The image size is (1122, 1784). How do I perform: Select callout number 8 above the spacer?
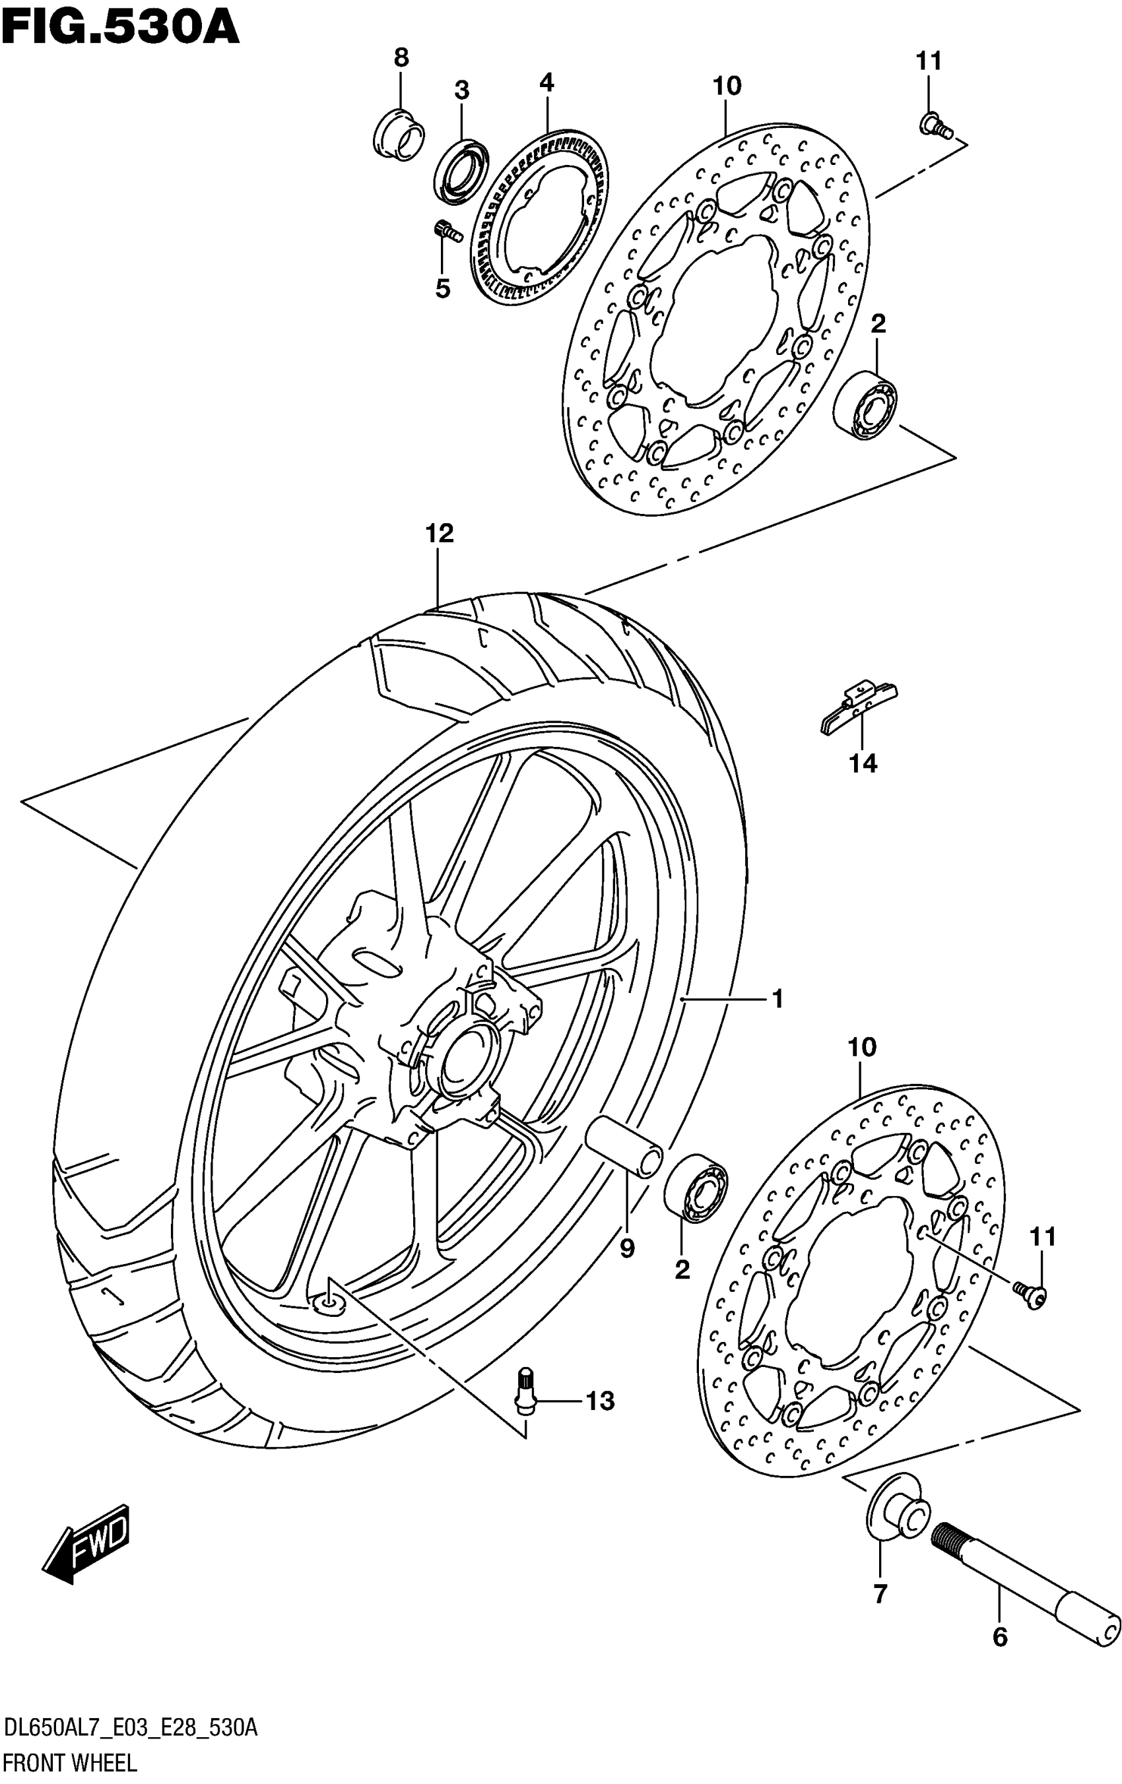[x=401, y=57]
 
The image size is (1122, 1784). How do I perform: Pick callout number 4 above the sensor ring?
[x=546, y=82]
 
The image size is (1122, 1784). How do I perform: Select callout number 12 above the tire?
[x=440, y=532]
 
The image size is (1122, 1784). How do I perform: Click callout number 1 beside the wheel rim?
[x=777, y=1000]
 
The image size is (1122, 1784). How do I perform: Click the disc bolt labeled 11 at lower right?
[x=1032, y=1293]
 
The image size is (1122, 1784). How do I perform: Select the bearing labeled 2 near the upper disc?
[x=865, y=404]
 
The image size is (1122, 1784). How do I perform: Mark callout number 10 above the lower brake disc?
[x=862, y=1048]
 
